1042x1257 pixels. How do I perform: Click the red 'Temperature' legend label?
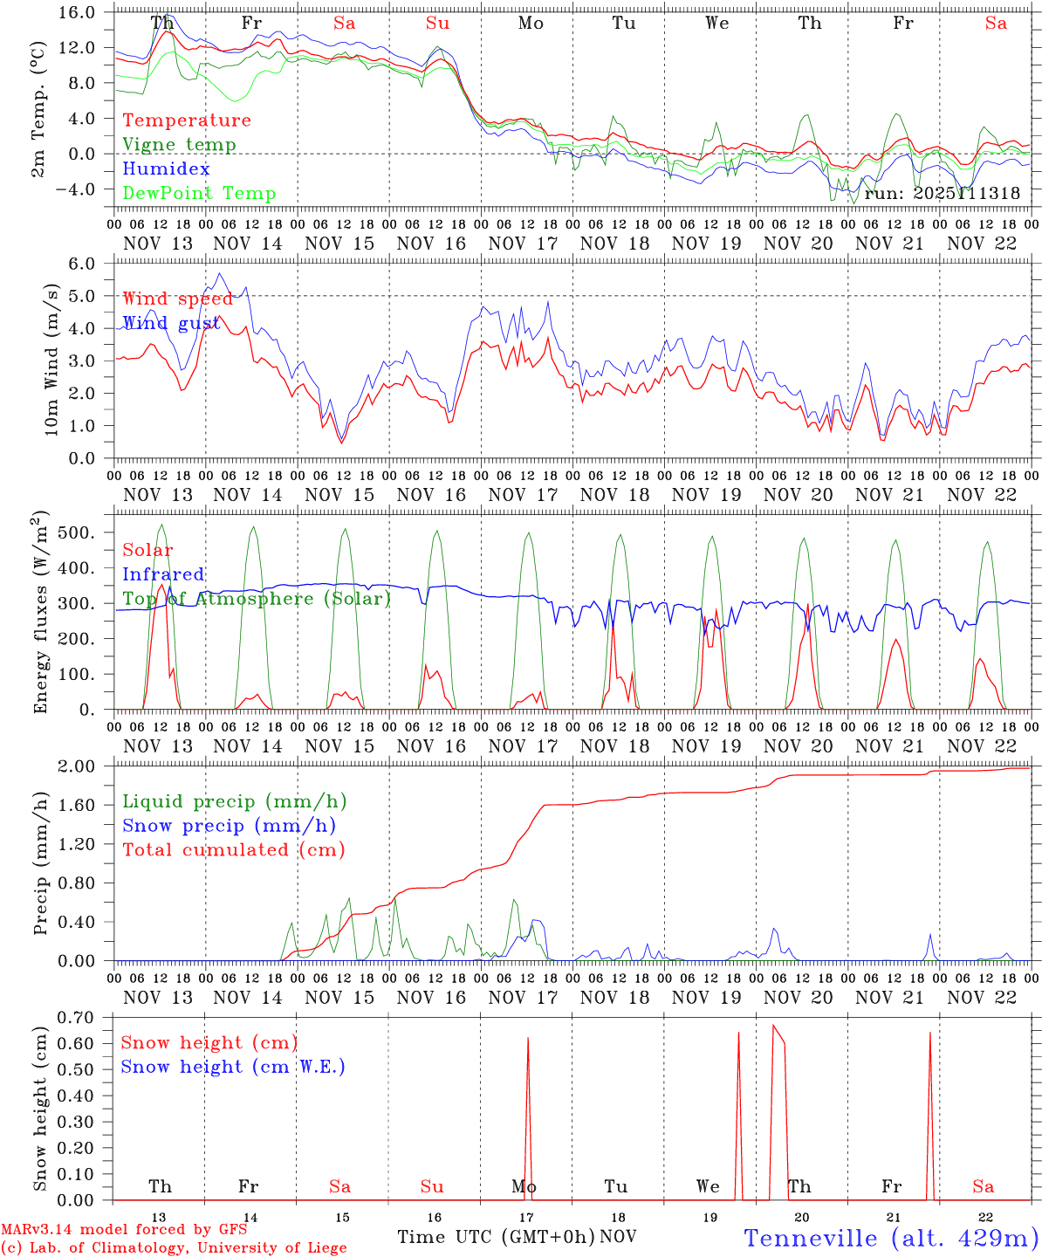coord(186,120)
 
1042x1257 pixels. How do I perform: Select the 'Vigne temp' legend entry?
coord(179,145)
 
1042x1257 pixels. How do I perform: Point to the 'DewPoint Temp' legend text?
coord(199,193)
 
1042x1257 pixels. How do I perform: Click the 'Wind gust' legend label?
coord(171,323)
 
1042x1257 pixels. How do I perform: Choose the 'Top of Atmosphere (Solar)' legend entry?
coord(256,599)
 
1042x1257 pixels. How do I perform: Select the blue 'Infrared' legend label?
coord(163,574)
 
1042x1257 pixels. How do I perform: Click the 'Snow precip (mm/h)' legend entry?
coord(229,826)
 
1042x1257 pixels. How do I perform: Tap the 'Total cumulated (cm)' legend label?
coord(233,849)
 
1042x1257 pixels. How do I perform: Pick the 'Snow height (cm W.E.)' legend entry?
coord(232,1067)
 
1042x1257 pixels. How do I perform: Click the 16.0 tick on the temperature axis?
coord(78,12)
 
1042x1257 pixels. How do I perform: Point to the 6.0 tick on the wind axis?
coord(80,264)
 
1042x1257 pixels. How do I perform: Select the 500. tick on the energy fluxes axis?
coord(77,532)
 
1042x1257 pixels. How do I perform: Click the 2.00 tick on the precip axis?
coord(76,766)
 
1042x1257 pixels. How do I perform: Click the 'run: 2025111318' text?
coord(942,193)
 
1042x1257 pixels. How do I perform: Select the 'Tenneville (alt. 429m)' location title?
coord(890,1237)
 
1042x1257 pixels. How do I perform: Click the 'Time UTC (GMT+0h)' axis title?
coord(496,1237)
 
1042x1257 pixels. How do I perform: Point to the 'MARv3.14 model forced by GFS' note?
coord(124,1229)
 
